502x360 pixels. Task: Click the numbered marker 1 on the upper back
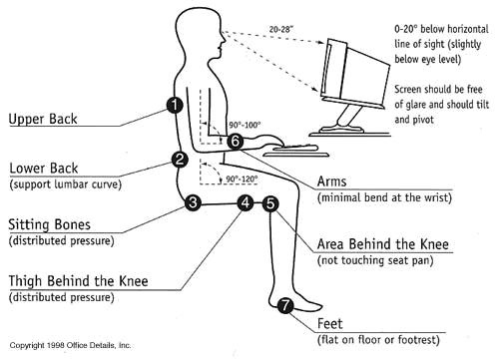175,105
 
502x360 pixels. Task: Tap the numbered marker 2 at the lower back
180,160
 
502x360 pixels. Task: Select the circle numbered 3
193,202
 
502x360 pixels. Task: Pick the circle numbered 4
246,202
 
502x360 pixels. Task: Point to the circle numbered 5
270,203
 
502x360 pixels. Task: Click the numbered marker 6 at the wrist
236,142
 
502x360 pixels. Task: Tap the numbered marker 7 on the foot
285,305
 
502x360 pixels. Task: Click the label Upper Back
43,119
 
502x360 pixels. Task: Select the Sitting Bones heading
49,224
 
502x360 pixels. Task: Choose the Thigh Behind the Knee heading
78,281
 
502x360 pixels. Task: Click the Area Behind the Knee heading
383,244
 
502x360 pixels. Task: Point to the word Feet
329,323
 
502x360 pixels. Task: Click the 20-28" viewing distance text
281,29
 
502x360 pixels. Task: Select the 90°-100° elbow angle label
245,125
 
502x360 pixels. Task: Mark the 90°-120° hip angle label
242,180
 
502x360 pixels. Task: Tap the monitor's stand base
340,129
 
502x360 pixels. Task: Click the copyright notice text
70,345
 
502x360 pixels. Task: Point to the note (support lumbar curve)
66,184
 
